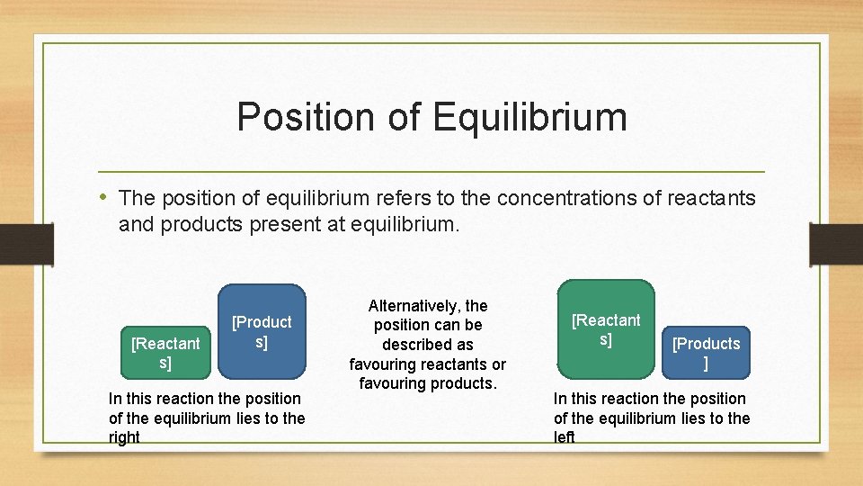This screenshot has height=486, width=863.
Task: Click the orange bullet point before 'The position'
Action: (106, 197)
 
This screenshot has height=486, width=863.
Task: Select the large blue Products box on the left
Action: (262, 331)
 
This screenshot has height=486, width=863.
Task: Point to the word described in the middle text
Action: (428, 345)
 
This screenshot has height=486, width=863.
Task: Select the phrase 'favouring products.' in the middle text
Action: (428, 383)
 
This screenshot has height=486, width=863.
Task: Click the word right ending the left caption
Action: (124, 437)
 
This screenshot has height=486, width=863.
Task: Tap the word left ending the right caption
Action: (564, 437)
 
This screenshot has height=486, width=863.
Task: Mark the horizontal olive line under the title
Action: (431, 171)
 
